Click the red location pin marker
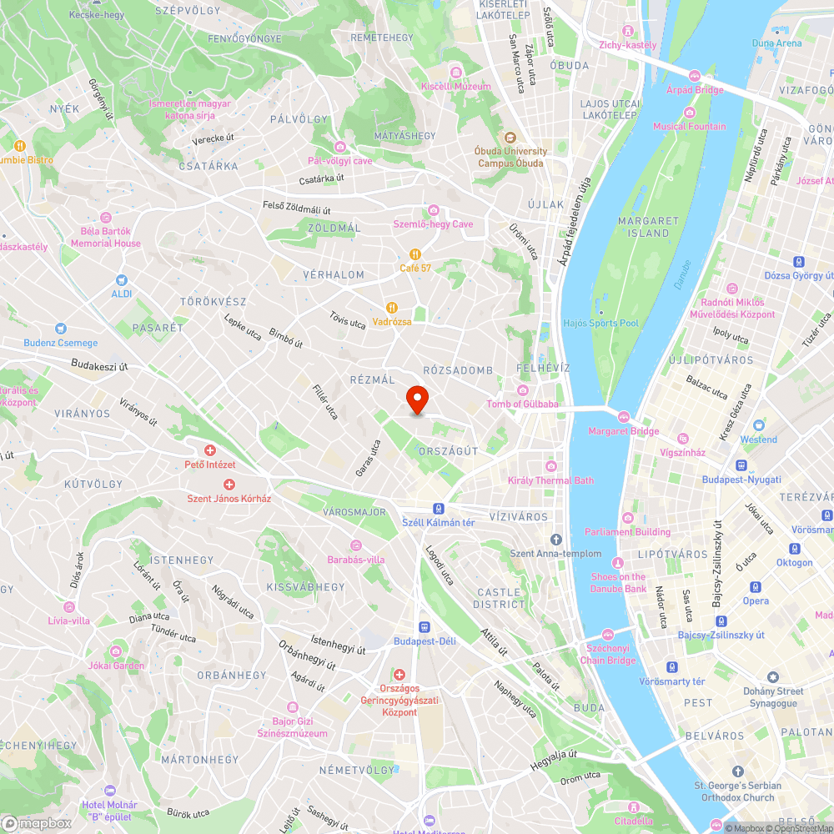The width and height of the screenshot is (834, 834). (416, 399)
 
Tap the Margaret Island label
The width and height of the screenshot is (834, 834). (648, 227)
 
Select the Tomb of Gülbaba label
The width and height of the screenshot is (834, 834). (523, 404)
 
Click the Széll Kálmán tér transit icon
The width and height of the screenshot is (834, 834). (438, 508)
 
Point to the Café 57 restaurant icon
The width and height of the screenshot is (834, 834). (414, 254)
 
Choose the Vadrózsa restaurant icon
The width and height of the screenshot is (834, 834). (392, 308)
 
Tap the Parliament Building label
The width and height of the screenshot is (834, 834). (627, 531)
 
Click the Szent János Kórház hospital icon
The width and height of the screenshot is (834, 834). (229, 485)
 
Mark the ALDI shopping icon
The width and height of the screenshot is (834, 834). (122, 280)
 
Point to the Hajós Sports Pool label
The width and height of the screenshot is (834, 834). (600, 323)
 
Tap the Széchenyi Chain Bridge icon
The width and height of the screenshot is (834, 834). (607, 634)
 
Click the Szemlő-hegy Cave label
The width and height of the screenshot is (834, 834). (433, 224)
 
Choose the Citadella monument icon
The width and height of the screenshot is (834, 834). (634, 807)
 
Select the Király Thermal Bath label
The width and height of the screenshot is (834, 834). (550, 480)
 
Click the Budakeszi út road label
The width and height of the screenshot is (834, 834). (99, 364)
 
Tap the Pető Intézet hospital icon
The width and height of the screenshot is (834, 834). (210, 450)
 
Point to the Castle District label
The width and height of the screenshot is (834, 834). (501, 598)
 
